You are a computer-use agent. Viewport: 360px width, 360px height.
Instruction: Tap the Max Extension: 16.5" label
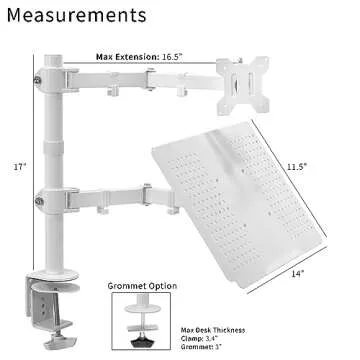154,58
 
